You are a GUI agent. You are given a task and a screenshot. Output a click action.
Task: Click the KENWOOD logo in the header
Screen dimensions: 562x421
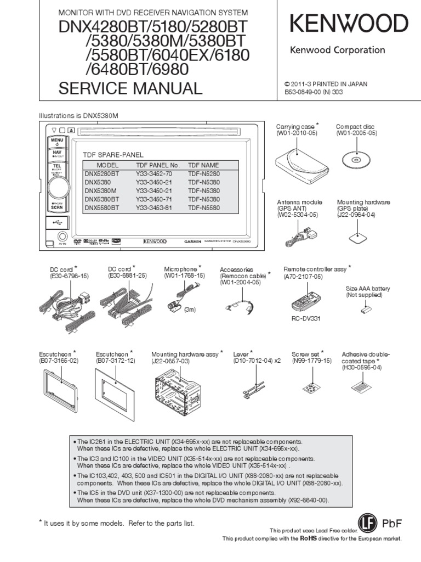349,24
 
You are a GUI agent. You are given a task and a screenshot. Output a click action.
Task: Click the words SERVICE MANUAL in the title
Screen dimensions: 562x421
130,88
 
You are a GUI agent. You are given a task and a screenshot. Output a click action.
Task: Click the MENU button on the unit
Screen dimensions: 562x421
57,142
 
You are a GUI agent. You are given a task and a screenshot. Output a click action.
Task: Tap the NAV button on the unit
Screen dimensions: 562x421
57,153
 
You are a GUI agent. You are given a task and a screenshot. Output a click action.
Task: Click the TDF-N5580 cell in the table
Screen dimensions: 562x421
203,208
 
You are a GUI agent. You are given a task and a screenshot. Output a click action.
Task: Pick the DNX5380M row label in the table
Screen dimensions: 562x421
101,190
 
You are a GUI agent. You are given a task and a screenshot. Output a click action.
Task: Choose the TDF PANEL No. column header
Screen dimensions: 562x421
157,165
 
